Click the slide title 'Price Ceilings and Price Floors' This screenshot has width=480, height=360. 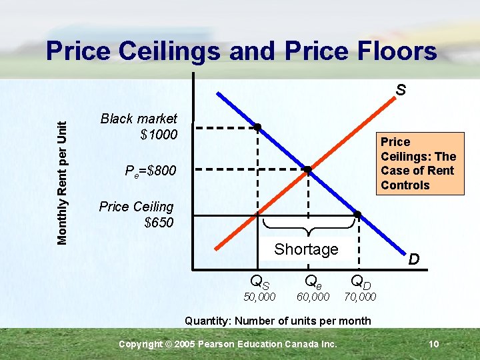click(x=241, y=51)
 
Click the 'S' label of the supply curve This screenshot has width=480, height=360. click(x=400, y=89)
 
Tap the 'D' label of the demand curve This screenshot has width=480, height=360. click(x=413, y=259)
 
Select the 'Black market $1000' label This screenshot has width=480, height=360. click(x=139, y=127)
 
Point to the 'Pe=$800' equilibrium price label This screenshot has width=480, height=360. click(x=151, y=171)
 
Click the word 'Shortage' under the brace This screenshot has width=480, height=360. click(x=306, y=249)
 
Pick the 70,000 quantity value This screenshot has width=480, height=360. click(x=359, y=297)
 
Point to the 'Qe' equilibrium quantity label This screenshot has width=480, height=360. click(x=313, y=282)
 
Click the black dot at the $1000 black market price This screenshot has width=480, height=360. click(x=257, y=127)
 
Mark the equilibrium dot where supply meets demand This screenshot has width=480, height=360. click(x=307, y=170)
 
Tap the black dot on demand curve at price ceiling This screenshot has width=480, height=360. click(x=357, y=214)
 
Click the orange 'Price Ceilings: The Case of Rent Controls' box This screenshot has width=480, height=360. click(x=418, y=163)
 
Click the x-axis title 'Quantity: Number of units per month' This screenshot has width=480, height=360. click(x=278, y=321)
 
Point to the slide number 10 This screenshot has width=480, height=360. click(x=433, y=344)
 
